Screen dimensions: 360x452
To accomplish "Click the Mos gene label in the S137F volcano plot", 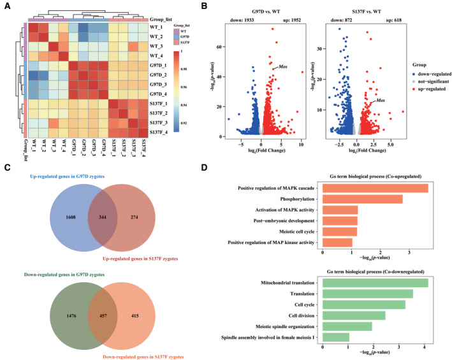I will pos(381,101).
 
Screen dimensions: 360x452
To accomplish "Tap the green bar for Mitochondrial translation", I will pos(375,283).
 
